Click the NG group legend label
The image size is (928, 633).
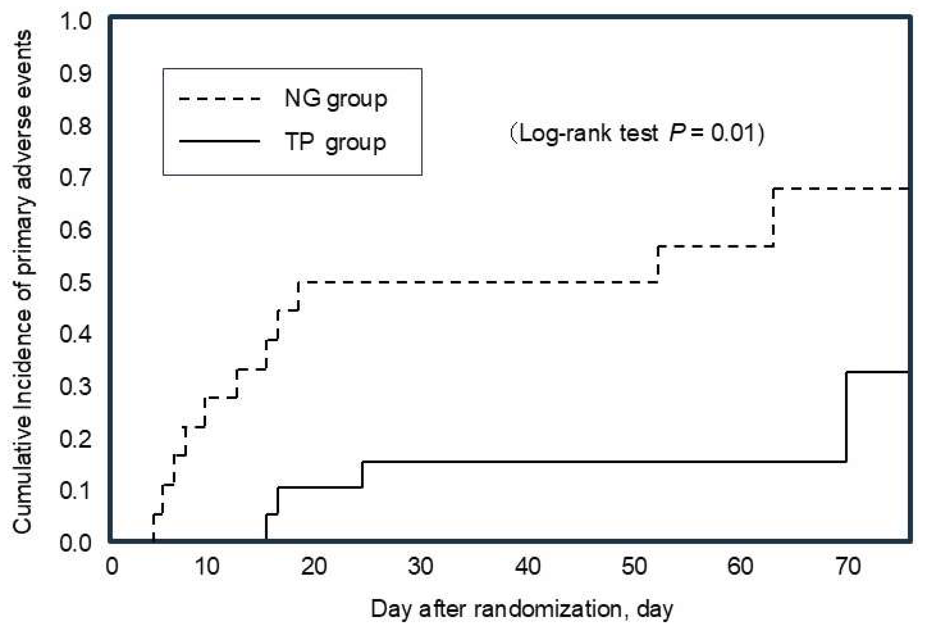(x=335, y=99)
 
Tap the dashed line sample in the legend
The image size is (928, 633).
(x=220, y=98)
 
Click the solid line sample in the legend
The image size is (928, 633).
(x=220, y=141)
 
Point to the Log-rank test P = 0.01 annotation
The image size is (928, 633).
(x=637, y=133)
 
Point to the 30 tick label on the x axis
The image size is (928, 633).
(x=420, y=567)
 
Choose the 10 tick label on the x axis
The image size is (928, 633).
(x=207, y=567)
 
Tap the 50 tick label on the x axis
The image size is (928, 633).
(x=634, y=567)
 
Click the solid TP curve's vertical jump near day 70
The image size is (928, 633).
(x=846, y=417)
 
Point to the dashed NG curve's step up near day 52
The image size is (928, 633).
(x=658, y=264)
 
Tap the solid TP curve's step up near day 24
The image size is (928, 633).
(x=362, y=474)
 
